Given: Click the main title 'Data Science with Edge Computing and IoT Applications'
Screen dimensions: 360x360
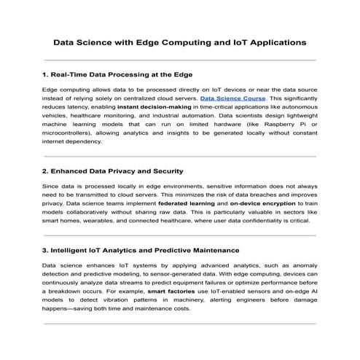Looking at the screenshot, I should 180,42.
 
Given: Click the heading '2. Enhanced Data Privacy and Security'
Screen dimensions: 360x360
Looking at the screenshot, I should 113,171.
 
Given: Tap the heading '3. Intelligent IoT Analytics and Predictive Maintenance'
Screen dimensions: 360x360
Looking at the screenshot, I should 141,250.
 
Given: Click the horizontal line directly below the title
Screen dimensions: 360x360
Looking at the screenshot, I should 180,60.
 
